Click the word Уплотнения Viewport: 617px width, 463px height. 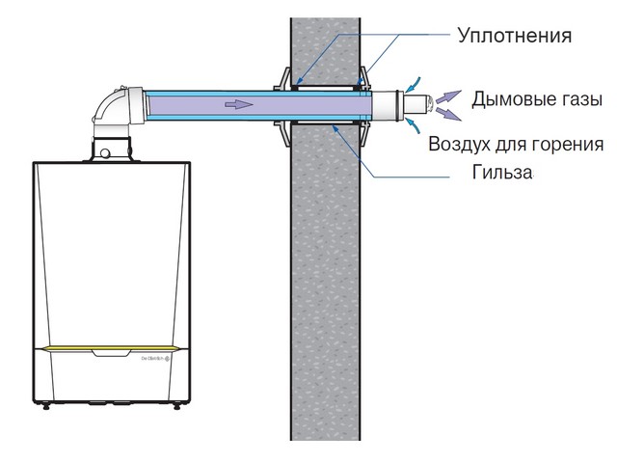pos(514,36)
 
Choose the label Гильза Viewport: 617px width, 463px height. pos(502,172)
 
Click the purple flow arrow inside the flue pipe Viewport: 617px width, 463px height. pos(239,104)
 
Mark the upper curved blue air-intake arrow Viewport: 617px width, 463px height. pos(414,85)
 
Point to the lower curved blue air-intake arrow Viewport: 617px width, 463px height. pos(414,124)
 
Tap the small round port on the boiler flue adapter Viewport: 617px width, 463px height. pos(105,152)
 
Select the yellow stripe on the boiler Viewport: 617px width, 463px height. pos(110,348)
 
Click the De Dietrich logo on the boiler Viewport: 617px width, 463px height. pos(155,359)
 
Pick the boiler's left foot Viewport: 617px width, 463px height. pos(46,406)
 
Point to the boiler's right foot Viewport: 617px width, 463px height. pos(176,406)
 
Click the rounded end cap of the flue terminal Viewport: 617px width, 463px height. pos(429,105)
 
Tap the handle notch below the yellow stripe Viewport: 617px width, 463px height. pos(110,353)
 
